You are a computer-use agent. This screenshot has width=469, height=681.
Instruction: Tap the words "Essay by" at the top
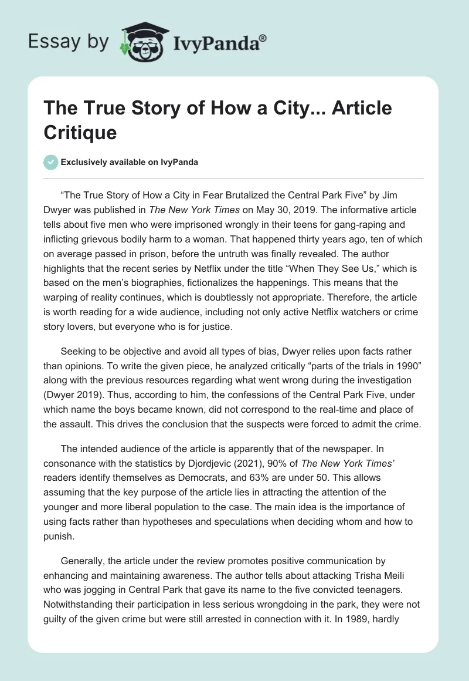tap(68, 42)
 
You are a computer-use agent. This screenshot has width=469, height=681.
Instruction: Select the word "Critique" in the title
tap(80, 132)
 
